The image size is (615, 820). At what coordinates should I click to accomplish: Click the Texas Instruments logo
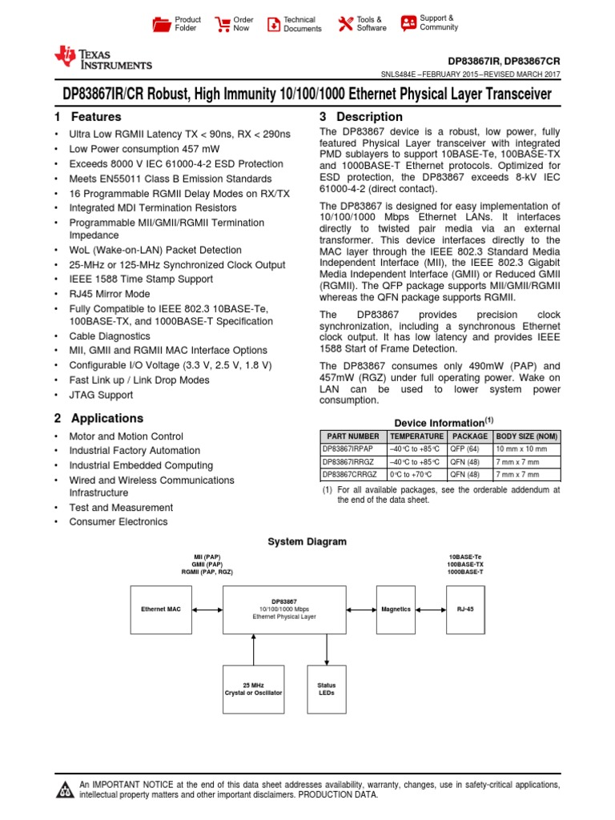click(102, 58)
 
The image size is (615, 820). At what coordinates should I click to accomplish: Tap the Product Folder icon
click(162, 24)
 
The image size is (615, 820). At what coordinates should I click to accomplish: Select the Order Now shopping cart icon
click(222, 24)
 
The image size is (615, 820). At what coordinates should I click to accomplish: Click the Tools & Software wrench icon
click(346, 24)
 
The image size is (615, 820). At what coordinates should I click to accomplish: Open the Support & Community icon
click(408, 22)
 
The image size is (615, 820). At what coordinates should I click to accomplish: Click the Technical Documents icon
click(274, 24)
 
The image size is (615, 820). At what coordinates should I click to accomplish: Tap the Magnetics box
click(396, 609)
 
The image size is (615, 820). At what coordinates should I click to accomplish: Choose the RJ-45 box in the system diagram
click(465, 609)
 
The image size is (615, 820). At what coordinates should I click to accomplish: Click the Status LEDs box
click(327, 689)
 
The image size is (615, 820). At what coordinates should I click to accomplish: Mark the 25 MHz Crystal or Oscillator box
click(253, 689)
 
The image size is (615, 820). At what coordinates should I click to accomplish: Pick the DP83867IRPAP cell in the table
click(352, 449)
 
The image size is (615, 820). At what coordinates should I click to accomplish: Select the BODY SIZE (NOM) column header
click(527, 436)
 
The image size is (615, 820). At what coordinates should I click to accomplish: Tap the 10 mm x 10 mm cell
click(527, 449)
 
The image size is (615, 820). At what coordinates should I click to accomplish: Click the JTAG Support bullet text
click(101, 395)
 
